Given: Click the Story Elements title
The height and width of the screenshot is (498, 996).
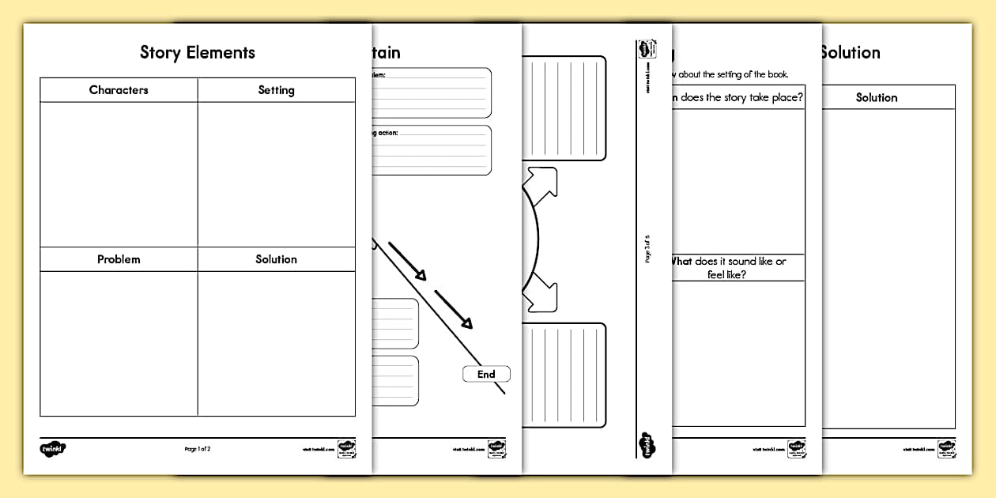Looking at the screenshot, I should point(198,53).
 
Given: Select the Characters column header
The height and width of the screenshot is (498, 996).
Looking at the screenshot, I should point(119,90).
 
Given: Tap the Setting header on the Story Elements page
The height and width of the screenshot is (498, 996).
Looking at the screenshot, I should point(276,90).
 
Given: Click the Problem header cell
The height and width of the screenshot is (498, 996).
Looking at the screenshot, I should point(119,259).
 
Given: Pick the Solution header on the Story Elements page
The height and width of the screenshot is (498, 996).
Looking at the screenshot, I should point(276,259).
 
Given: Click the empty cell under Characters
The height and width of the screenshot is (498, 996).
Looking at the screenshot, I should point(119,174).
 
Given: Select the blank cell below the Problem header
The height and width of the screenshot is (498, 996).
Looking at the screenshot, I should point(119,344).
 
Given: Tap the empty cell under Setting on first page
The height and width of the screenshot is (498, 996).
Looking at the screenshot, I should point(276,174).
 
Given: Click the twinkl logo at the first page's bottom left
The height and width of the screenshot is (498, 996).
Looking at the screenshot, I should point(53,449).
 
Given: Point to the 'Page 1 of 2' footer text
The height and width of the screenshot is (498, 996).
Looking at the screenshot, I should point(198,449).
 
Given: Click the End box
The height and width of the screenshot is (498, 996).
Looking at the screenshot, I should point(486,374).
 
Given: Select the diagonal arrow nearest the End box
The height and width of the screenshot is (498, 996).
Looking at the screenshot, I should point(454,308).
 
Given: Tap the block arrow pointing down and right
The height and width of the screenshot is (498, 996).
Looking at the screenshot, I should point(542,291).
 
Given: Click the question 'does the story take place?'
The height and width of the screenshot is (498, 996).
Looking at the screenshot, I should point(737,98).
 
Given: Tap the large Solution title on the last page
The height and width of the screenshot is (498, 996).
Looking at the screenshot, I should point(850,53).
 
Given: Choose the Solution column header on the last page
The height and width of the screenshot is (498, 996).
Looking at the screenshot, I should point(877,97).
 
